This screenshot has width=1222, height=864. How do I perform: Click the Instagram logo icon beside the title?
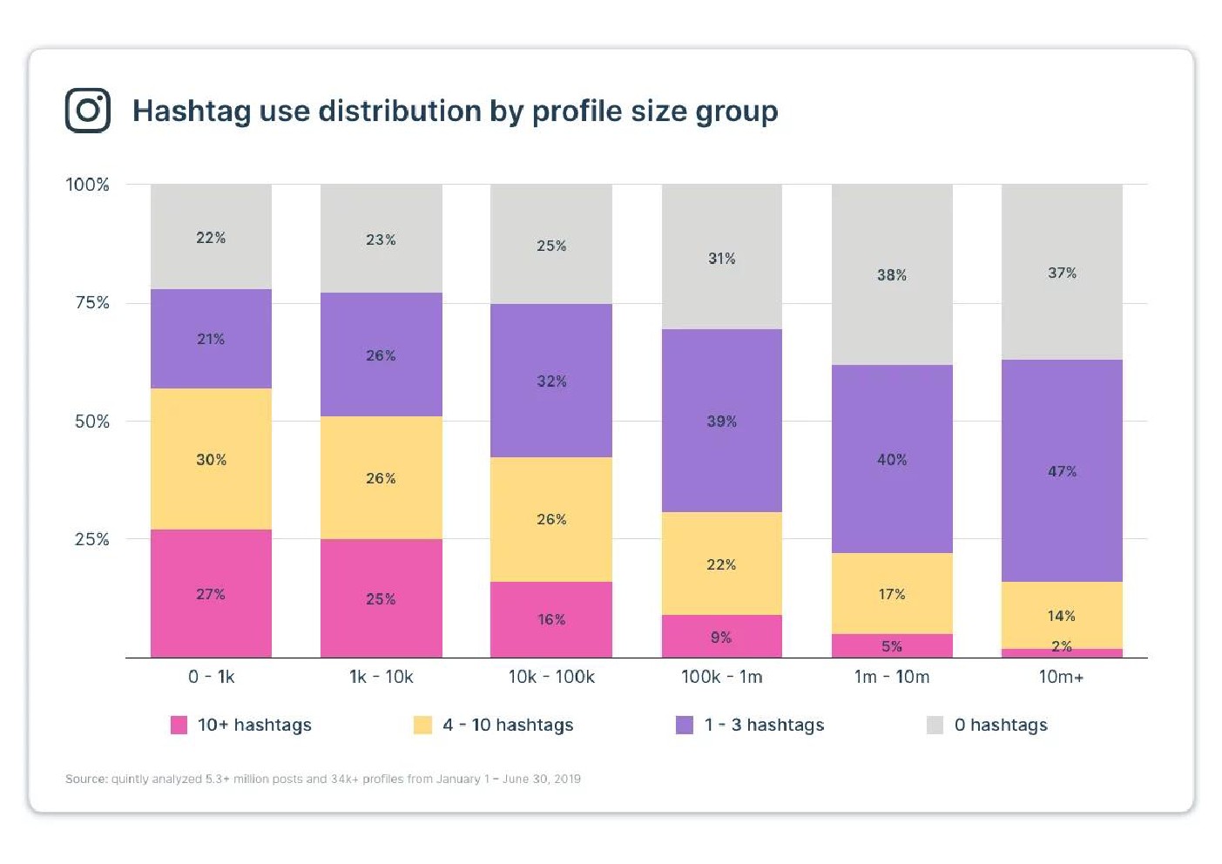(x=88, y=111)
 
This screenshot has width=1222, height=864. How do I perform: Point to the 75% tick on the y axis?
(x=91, y=302)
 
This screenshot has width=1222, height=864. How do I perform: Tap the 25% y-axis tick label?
(x=91, y=539)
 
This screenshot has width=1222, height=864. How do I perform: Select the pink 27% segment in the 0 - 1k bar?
(x=211, y=594)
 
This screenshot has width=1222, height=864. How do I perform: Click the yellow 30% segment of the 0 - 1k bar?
(x=211, y=459)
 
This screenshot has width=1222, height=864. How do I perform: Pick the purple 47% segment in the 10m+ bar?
(x=1062, y=471)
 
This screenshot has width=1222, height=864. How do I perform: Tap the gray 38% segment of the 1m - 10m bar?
(x=892, y=274)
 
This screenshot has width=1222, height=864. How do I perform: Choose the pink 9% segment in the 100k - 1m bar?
(x=721, y=637)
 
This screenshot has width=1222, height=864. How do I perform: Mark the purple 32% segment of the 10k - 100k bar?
(x=551, y=381)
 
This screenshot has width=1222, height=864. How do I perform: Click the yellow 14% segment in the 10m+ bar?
(x=1062, y=615)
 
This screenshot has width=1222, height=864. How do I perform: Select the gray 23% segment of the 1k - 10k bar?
(x=381, y=239)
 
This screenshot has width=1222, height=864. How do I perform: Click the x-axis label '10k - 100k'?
(x=551, y=677)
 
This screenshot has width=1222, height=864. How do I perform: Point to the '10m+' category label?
(x=1061, y=677)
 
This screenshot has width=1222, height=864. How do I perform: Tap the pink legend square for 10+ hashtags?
(x=179, y=725)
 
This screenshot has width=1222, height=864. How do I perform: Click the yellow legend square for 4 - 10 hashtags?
(x=422, y=725)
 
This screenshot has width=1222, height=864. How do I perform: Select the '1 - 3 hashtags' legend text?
(x=764, y=725)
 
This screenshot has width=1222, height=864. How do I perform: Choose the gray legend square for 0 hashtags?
(x=935, y=725)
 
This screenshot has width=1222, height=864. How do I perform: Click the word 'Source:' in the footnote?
(x=86, y=779)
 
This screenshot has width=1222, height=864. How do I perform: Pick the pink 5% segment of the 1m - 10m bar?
(x=892, y=646)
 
